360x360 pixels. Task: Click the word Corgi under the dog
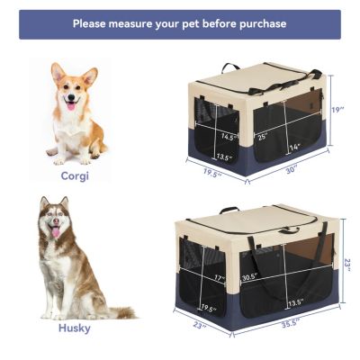(75, 176)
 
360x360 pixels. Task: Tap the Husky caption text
(75, 328)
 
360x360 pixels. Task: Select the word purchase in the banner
(258, 24)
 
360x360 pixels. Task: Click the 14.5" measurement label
(229, 138)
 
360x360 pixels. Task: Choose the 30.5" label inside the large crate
(248, 276)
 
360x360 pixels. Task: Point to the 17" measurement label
(219, 278)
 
